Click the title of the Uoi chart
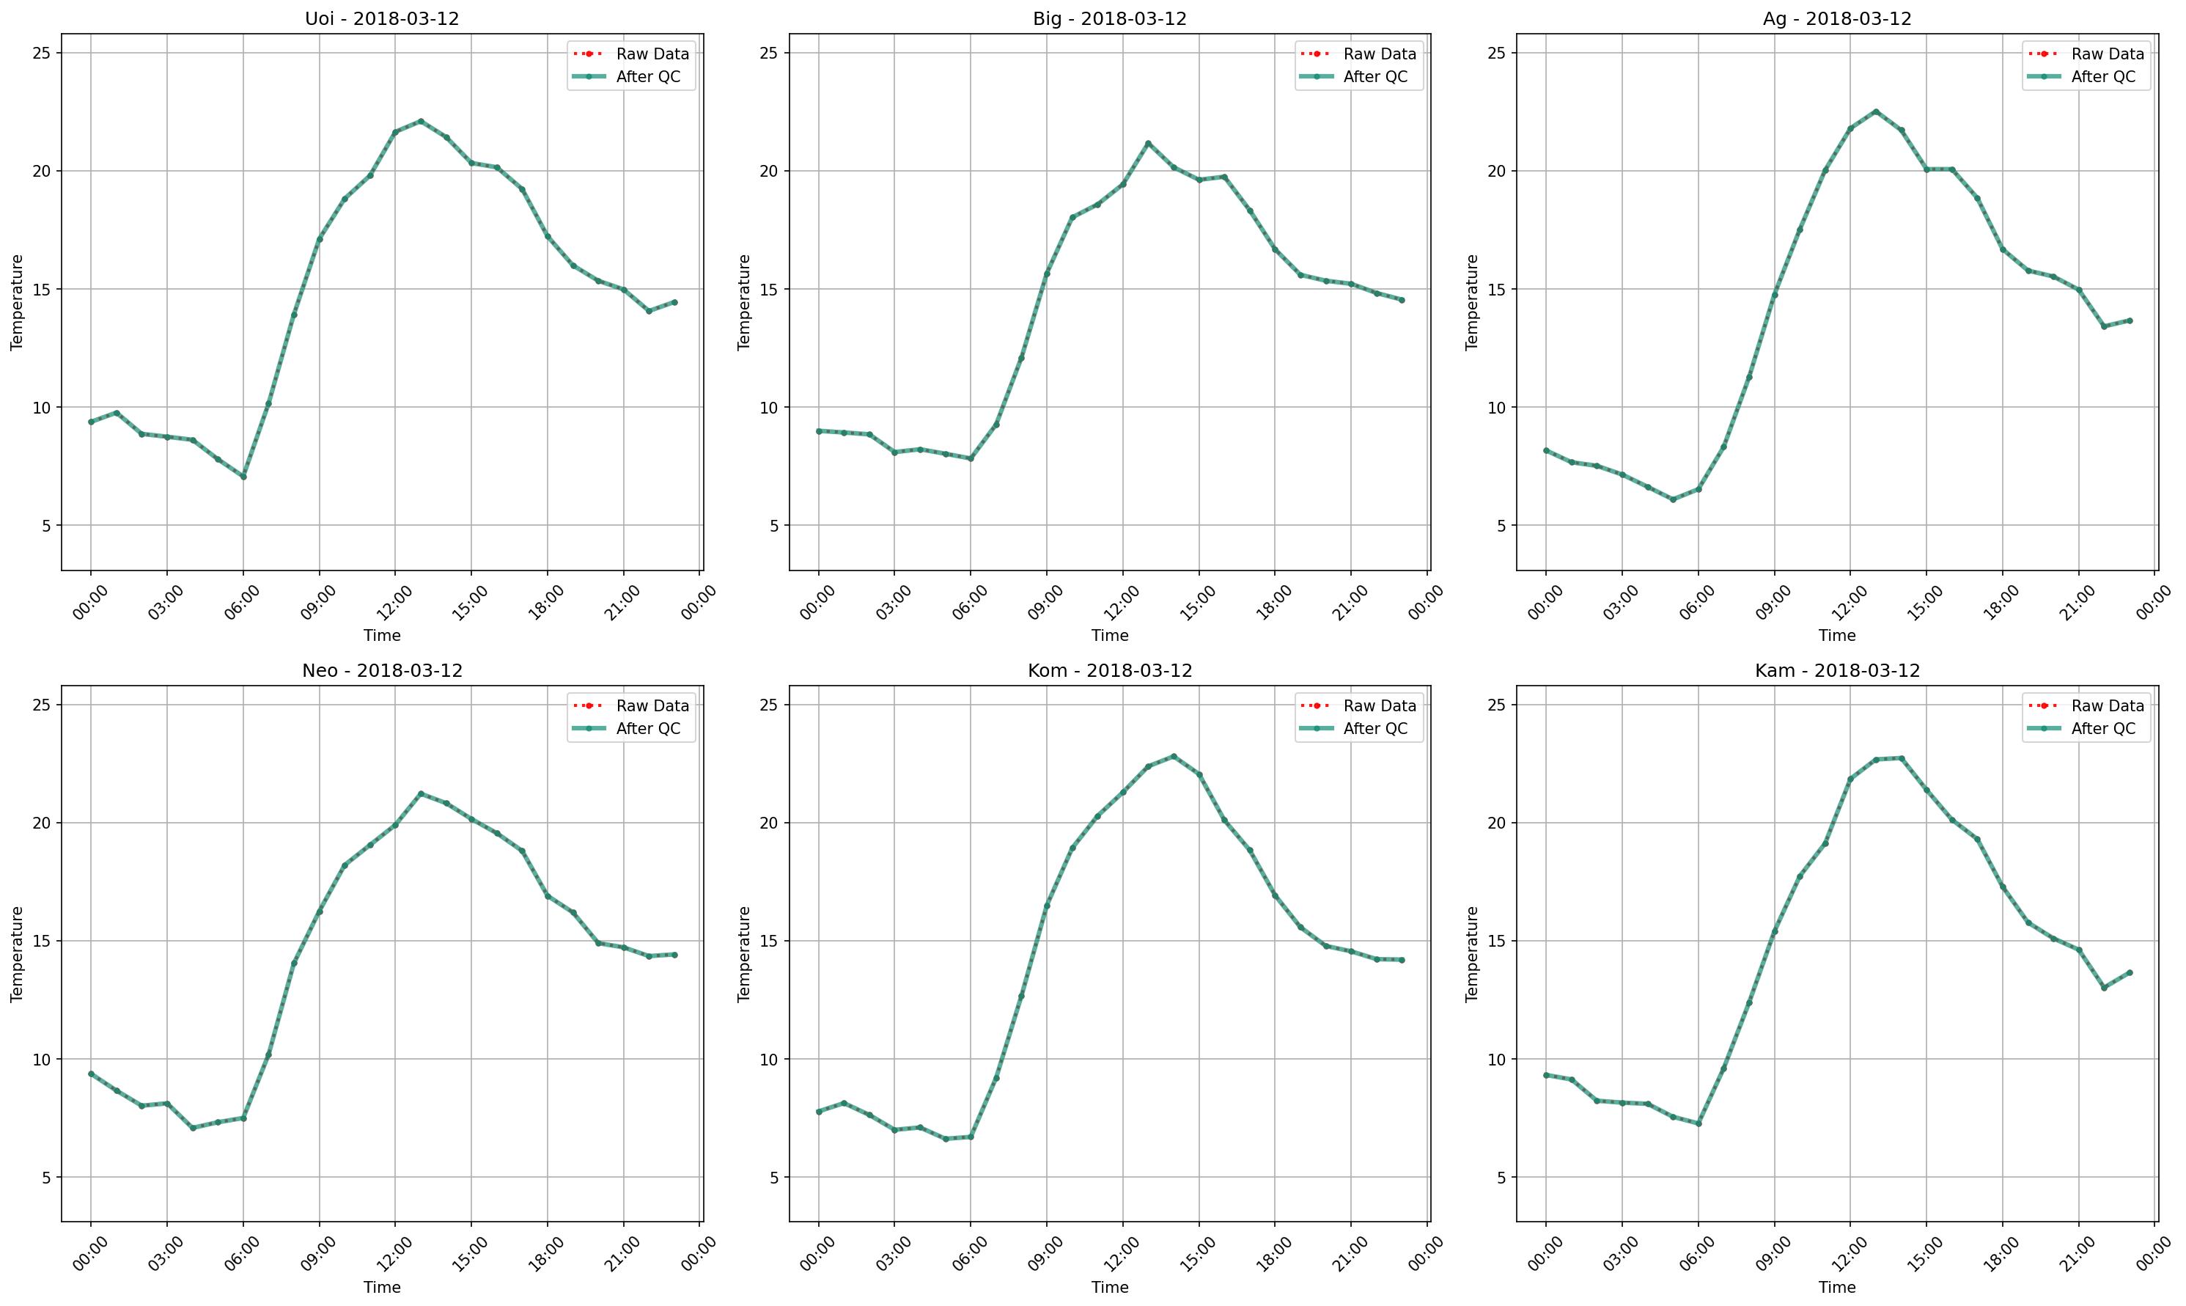382,18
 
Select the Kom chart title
1109,671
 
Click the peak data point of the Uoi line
421,122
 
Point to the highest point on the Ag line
1875,111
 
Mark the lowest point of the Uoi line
243,476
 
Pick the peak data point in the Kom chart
1173,756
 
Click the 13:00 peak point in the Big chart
1147,144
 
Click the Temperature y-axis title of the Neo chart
17,954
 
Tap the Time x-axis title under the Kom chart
1109,1288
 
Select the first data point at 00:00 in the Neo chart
91,1074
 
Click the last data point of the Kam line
2129,972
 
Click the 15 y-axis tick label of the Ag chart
1499,290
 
